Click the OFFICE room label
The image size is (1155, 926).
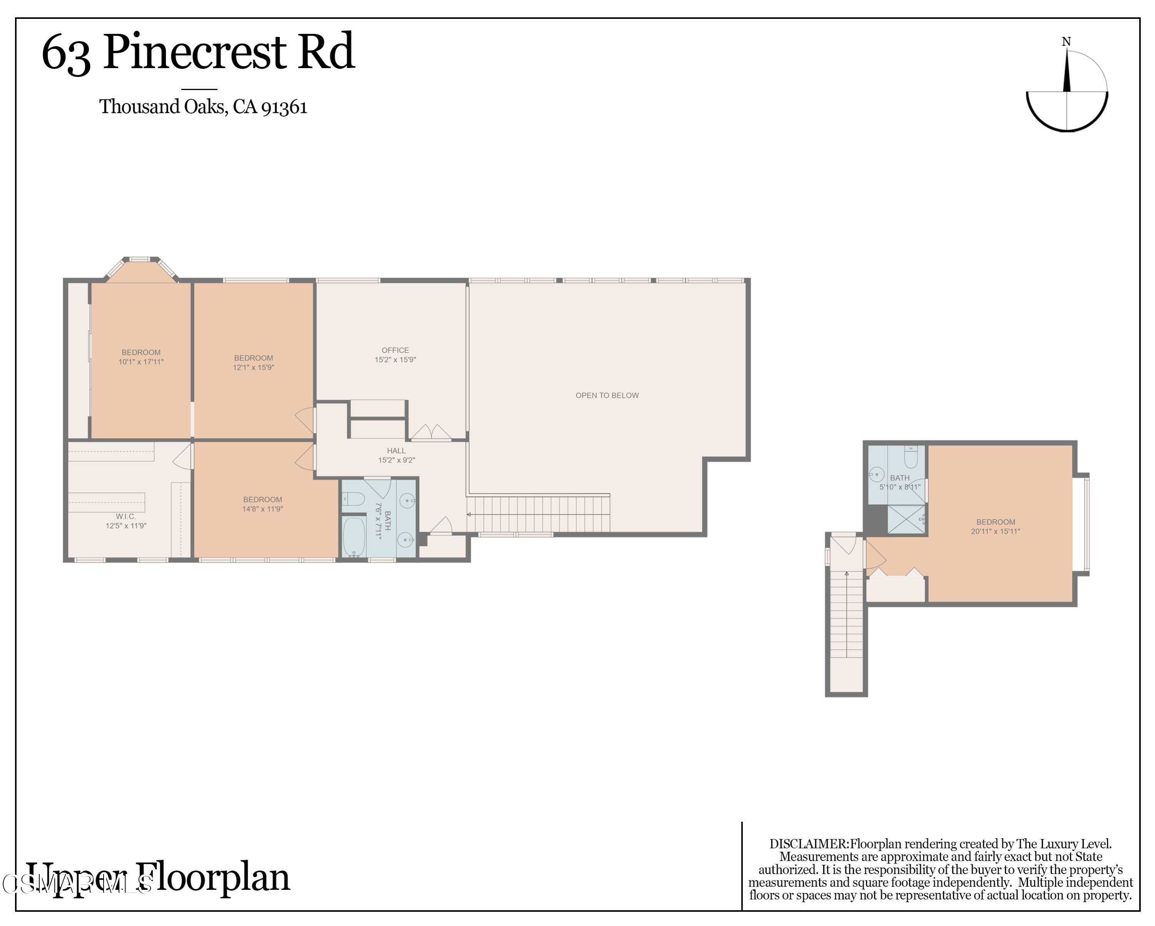click(395, 350)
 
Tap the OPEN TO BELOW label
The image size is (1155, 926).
click(607, 395)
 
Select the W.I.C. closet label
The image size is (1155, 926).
click(126, 516)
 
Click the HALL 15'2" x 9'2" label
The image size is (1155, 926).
click(397, 455)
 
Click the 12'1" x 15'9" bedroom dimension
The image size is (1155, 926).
click(253, 368)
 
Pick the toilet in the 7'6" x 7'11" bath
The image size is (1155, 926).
click(353, 500)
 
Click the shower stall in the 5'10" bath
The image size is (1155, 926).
click(906, 519)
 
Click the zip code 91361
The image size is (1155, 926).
click(284, 107)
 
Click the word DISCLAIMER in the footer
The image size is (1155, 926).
click(809, 844)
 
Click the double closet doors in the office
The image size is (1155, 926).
click(431, 432)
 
